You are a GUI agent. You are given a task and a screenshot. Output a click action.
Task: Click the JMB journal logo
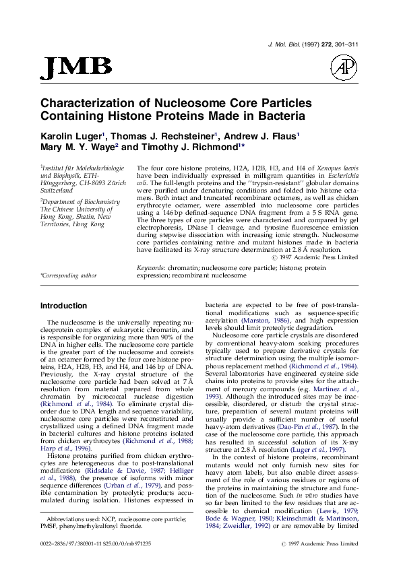coord(78,66)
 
